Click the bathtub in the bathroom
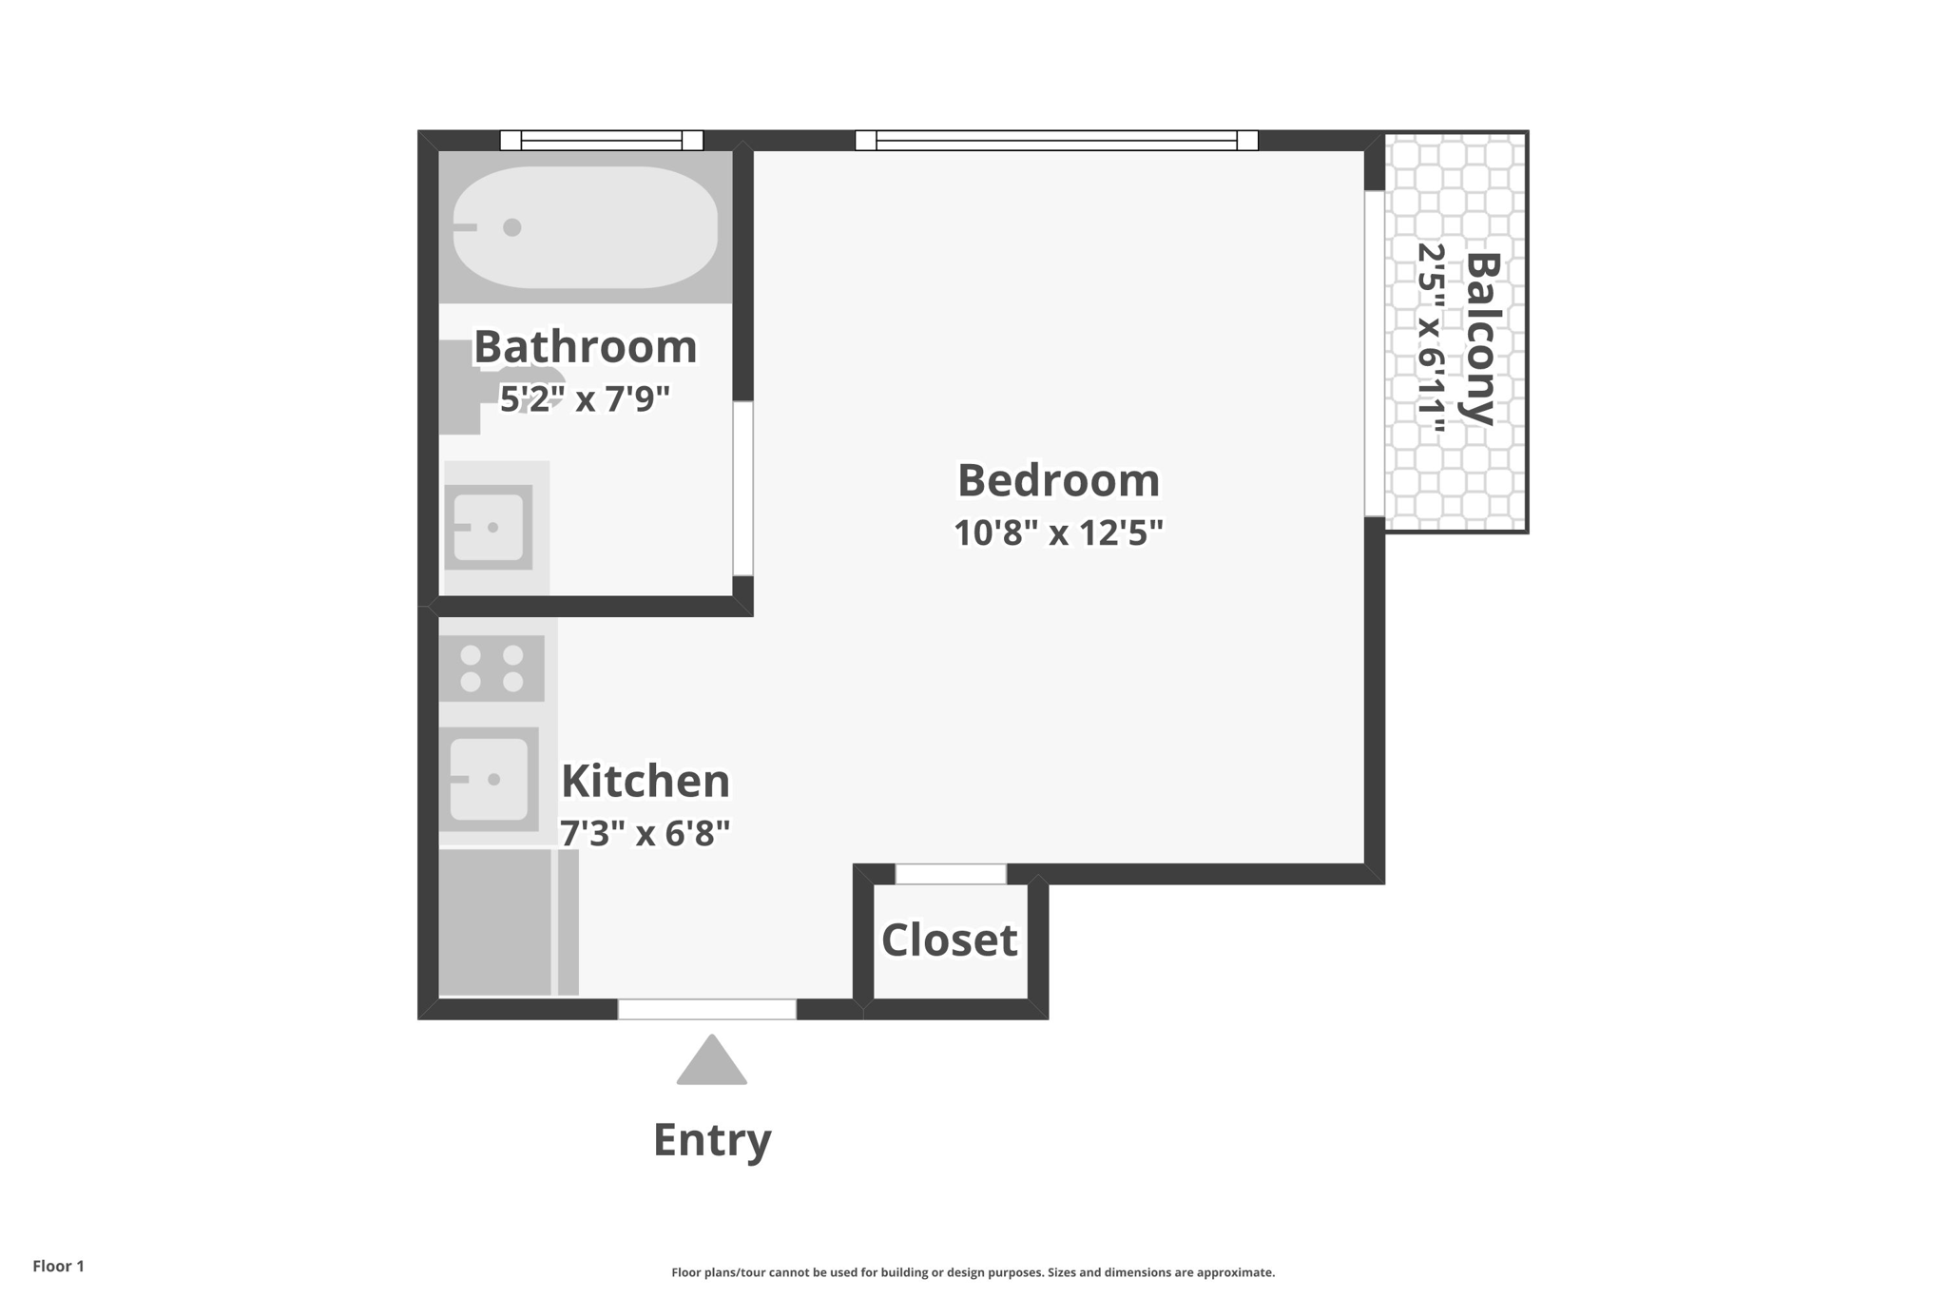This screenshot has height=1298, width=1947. click(x=608, y=228)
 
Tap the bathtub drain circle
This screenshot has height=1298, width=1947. click(x=512, y=227)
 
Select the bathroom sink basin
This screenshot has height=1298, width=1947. click(x=489, y=527)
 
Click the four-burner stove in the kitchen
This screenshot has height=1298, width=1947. click(x=492, y=668)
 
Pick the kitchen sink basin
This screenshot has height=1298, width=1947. click(x=489, y=779)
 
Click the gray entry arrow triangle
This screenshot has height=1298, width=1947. click(x=711, y=1063)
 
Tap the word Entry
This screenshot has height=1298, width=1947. click(x=711, y=1139)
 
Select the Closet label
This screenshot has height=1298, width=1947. click(x=949, y=940)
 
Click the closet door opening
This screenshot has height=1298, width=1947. click(x=950, y=874)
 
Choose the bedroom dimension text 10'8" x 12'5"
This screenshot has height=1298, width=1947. click(x=1058, y=533)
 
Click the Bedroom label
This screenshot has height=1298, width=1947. click(x=1058, y=480)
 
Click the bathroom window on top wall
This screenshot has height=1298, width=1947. click(x=602, y=141)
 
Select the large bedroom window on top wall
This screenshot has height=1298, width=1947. click(x=1056, y=141)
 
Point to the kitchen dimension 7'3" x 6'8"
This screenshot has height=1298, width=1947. click(x=645, y=833)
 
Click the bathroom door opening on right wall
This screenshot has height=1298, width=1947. click(x=742, y=489)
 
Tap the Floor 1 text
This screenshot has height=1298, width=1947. click(x=58, y=1266)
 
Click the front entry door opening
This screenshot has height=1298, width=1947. click(x=706, y=1010)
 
